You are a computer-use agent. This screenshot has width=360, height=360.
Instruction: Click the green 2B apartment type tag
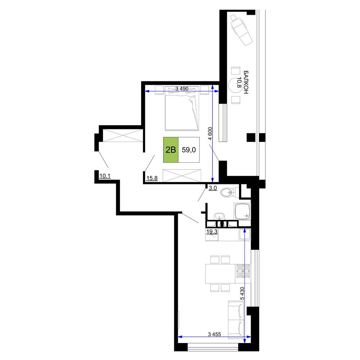(x=171, y=150)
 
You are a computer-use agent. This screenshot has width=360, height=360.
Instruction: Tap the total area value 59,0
(x=189, y=150)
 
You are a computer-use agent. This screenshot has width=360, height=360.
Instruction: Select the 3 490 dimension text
(x=182, y=89)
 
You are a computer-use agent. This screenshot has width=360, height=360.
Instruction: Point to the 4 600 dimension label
(x=210, y=134)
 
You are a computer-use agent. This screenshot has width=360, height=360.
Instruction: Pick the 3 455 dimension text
(x=215, y=334)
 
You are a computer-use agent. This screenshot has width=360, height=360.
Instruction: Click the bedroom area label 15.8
(x=152, y=178)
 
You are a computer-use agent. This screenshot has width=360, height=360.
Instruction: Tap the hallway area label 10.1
(x=105, y=176)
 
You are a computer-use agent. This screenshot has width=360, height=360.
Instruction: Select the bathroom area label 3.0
(x=213, y=188)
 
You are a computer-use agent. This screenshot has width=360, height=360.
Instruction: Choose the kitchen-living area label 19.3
(x=212, y=231)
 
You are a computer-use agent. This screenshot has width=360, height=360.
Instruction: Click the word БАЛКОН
(x=246, y=82)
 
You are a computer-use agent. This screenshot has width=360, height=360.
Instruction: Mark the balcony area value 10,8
(x=239, y=83)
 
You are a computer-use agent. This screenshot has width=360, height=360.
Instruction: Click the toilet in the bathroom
(x=229, y=192)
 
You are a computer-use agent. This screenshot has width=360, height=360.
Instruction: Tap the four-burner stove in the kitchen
(x=243, y=271)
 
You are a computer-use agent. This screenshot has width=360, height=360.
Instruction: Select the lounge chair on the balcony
(x=242, y=30)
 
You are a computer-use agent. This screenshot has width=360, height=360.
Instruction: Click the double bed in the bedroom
(x=182, y=108)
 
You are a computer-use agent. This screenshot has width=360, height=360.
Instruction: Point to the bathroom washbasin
(x=219, y=216)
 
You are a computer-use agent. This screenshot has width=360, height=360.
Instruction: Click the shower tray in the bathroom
(x=242, y=211)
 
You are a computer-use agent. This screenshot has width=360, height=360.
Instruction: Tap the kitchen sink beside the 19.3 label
(x=244, y=234)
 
